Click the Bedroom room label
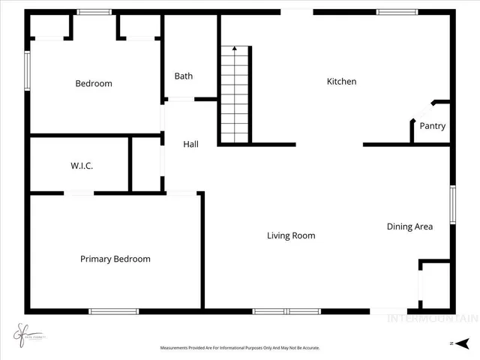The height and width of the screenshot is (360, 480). coord(94,83)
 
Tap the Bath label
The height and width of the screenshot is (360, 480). coord(184,76)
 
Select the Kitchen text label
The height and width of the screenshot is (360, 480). coord(341,81)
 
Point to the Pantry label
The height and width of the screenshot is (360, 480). coord(432,126)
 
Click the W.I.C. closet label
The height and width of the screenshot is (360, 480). coord(82,166)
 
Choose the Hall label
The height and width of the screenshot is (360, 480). coord(190,144)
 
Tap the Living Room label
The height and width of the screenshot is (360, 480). coord(291,235)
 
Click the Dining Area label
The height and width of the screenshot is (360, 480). coord(409,226)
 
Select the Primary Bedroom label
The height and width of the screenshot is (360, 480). coord(115,259)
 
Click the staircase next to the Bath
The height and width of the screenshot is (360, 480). coord(235,94)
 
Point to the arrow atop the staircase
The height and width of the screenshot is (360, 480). coord(235,49)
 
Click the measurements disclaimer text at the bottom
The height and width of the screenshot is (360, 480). coord(240,348)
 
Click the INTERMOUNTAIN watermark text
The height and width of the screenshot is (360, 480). coord(430,318)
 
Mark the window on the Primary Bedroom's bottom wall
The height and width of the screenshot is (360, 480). coord(113,311)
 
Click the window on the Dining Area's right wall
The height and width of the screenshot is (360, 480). coord(452,205)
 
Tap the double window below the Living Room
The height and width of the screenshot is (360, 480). coord(286,311)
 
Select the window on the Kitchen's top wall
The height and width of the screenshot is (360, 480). coord(397,12)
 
